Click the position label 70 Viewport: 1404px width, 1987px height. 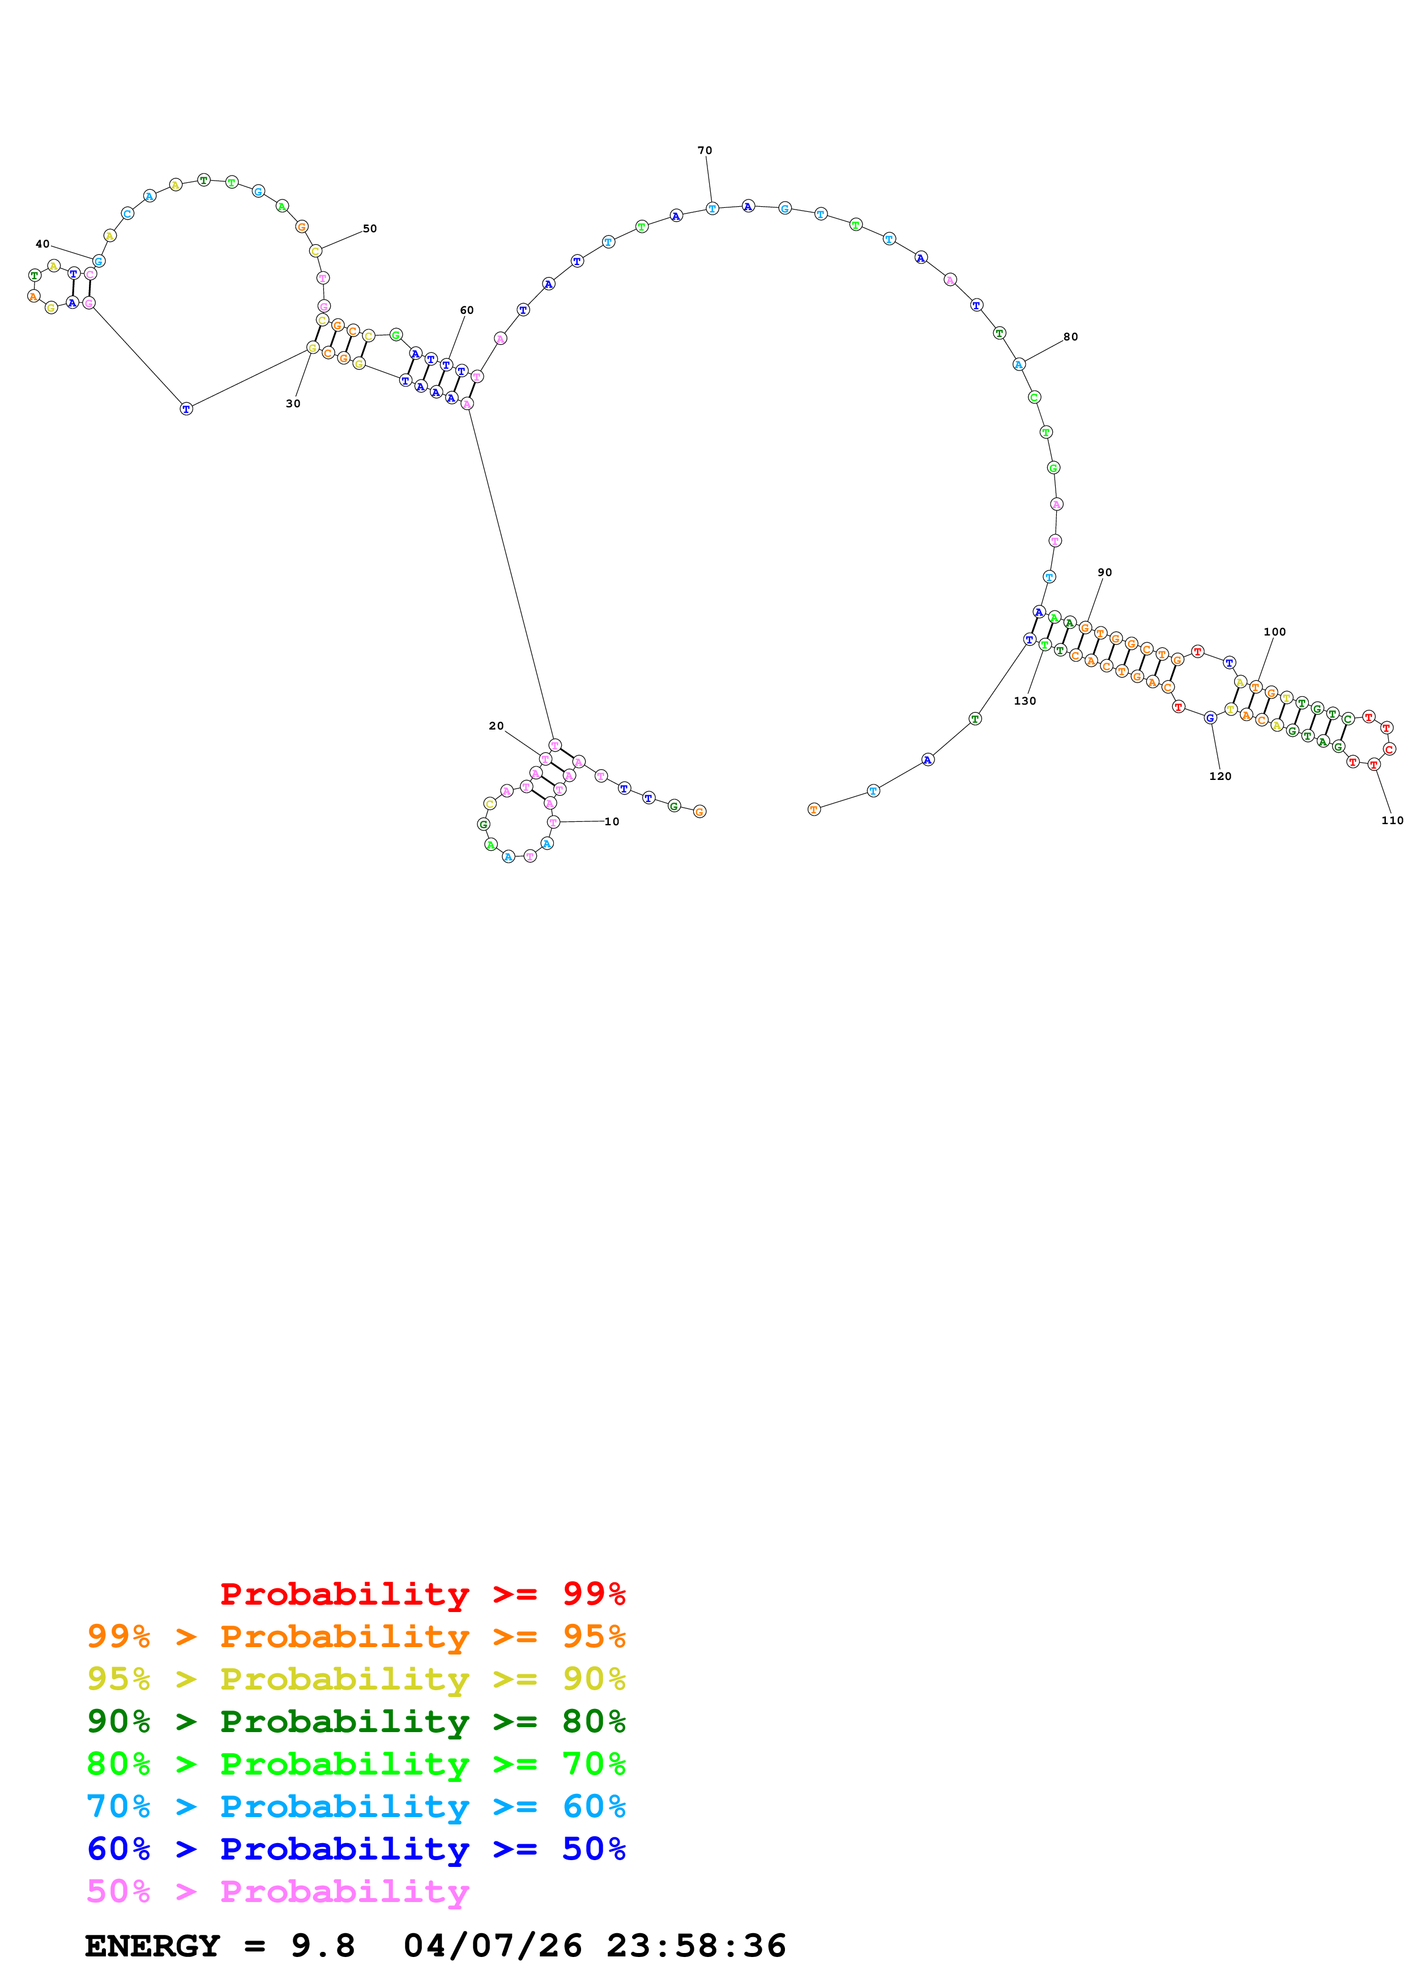(x=705, y=151)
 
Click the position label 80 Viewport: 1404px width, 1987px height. (x=1071, y=336)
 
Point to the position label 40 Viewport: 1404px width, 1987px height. (x=42, y=244)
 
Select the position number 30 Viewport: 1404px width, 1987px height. (x=293, y=403)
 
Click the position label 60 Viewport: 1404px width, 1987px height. (x=467, y=310)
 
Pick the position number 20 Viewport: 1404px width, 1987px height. (x=497, y=726)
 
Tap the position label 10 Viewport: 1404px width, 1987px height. (x=612, y=821)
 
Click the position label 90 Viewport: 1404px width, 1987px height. (x=1105, y=572)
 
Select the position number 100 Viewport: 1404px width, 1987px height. (x=1274, y=632)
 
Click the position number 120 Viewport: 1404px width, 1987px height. (x=1220, y=777)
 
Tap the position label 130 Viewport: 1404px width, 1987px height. (x=1025, y=701)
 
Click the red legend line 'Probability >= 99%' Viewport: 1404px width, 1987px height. (x=422, y=1593)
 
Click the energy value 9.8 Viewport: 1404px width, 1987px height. (x=323, y=1946)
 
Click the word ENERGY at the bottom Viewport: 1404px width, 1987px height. (x=152, y=1946)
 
